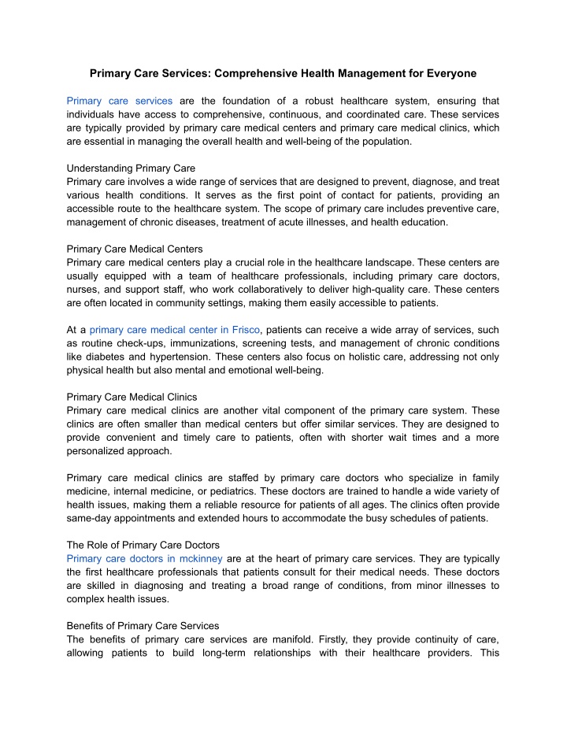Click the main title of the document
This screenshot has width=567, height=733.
[283, 74]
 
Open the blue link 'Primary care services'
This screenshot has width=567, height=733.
[120, 101]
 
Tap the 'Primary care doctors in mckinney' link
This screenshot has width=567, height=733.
[145, 559]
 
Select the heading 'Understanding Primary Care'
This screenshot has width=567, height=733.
[131, 168]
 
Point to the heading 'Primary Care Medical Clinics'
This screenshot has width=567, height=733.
[132, 397]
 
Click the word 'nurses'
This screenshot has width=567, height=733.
[84, 290]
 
